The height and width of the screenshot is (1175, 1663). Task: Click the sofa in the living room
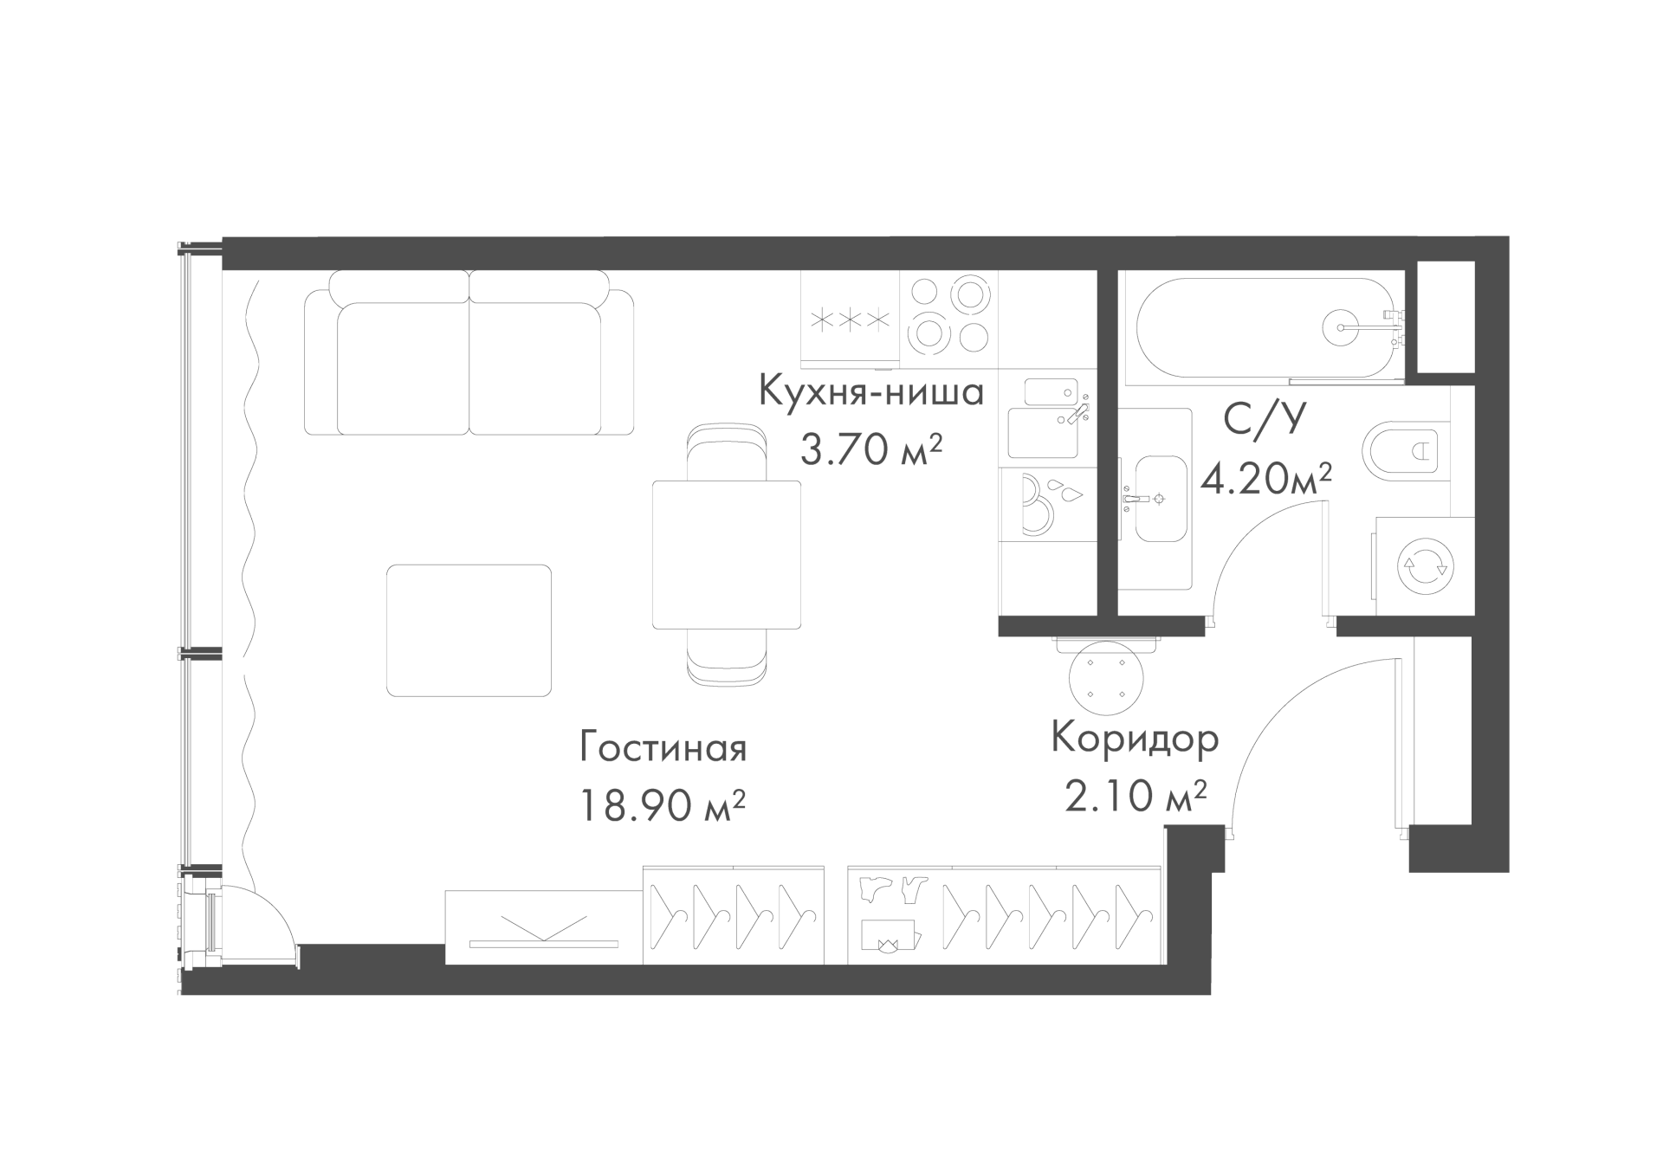[469, 352]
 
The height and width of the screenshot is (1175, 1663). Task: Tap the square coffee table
[469, 630]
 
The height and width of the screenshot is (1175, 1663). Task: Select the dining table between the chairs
[727, 554]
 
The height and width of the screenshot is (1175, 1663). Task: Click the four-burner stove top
[948, 315]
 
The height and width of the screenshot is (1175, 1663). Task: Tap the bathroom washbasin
[1160, 499]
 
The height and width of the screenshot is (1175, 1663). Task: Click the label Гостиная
[663, 748]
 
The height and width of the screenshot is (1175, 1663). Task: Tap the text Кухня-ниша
[871, 391]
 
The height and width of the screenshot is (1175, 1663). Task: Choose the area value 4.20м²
[1265, 478]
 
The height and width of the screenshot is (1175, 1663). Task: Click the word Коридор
[1136, 738]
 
